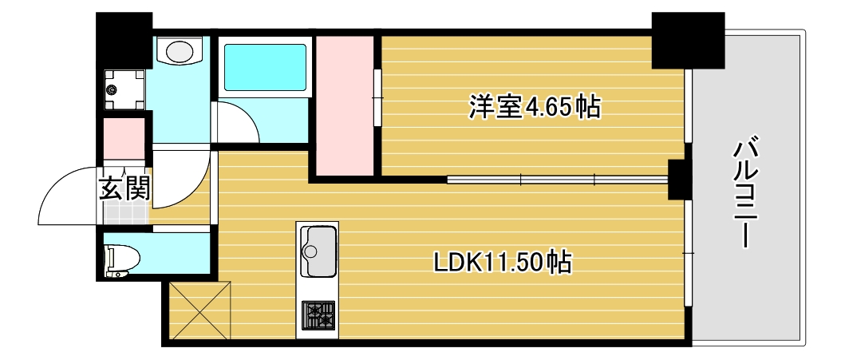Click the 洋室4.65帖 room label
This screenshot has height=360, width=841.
point(534,106)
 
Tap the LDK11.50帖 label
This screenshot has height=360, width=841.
point(502,261)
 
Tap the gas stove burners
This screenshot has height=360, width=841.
point(318,316)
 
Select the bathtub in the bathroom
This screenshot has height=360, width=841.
point(265,67)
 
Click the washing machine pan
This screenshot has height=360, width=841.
point(125,89)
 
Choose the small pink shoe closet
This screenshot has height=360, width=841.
point(124,140)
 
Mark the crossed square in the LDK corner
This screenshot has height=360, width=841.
point(199,311)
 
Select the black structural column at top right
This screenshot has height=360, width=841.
point(687,40)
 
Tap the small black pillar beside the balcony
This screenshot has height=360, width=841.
point(680,179)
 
